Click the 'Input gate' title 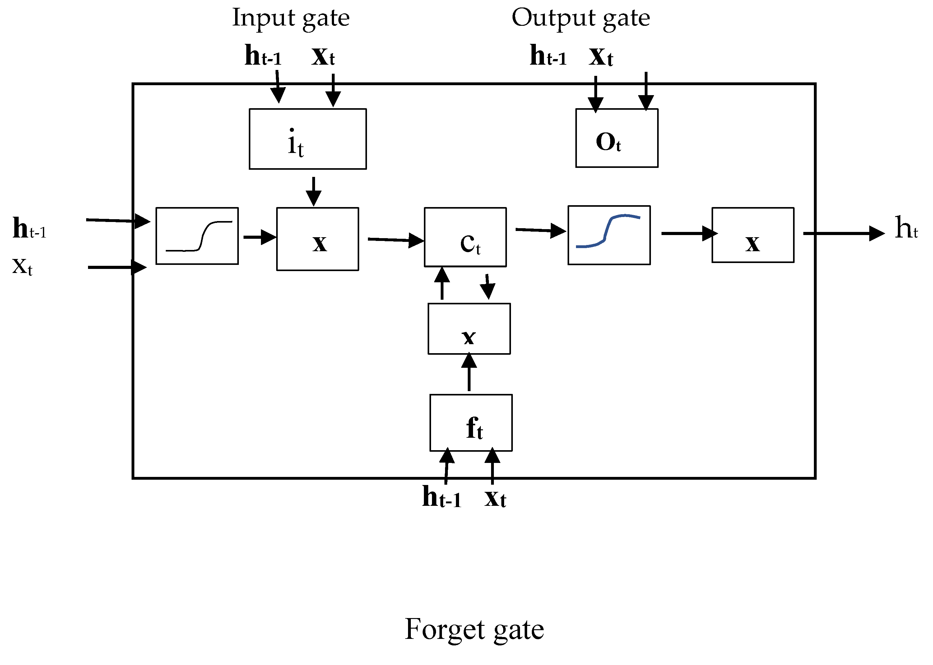291,18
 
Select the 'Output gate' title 580,18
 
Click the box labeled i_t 308,139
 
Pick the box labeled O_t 616,138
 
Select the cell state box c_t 465,237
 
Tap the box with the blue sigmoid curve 609,235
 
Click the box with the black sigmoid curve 197,236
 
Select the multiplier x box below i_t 318,239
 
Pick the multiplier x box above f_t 469,329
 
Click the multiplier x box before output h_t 753,235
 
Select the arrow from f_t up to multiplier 469,373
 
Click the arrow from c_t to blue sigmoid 540,230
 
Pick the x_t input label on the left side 22,266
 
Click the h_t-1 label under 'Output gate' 548,56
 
